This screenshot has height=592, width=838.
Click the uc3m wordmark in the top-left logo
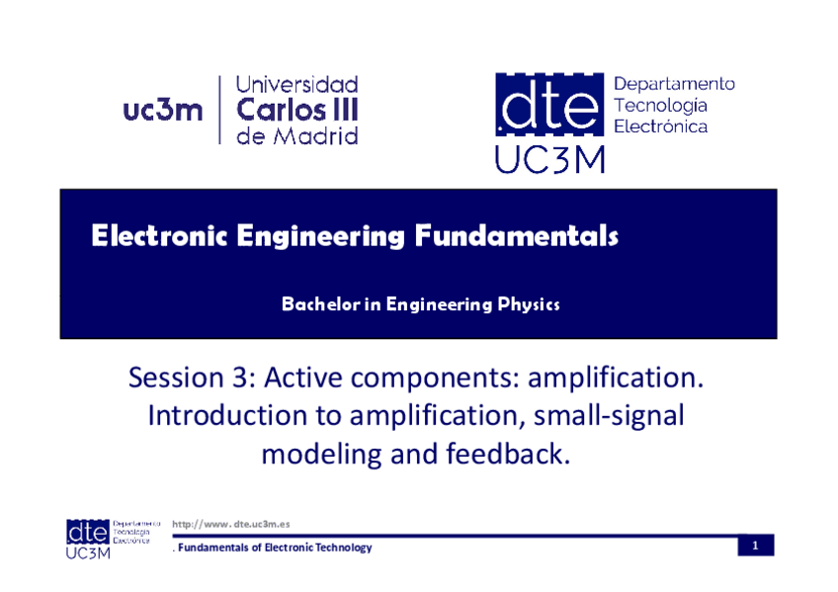pos(163,111)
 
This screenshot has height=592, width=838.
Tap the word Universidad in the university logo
pos(297,84)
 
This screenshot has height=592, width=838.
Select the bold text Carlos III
pos(297,110)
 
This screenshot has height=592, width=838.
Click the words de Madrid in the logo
pos(297,135)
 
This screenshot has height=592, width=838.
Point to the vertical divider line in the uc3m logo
pos(219,110)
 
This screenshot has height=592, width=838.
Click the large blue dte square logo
pos(549,104)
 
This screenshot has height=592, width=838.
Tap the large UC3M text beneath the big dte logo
pos(549,159)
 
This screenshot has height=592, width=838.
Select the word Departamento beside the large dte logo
pos(675,84)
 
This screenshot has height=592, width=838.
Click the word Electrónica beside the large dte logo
pos(660,127)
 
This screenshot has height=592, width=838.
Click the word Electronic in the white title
pos(159,235)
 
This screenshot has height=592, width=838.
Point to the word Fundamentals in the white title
pos(517,235)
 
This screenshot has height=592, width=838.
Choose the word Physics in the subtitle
pos(529,304)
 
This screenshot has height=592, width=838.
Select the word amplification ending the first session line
pos(616,378)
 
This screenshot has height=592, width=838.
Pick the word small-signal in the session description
pos(609,416)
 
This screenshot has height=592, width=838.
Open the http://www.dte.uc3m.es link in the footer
pos(231,524)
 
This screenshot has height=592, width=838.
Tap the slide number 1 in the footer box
pos(756,546)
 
